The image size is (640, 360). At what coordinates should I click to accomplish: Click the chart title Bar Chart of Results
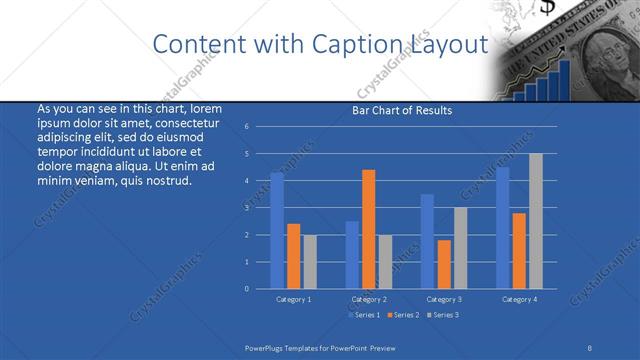[x=403, y=110]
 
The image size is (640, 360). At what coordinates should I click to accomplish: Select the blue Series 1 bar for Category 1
[x=277, y=230]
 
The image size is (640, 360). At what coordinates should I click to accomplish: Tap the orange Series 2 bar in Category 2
[x=368, y=229]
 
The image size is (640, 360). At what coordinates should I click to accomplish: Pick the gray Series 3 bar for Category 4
[x=535, y=221]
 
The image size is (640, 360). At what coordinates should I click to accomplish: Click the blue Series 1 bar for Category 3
[x=427, y=241]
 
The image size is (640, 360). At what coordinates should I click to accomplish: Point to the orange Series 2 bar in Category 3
[x=443, y=264]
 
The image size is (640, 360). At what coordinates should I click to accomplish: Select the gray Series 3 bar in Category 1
[x=309, y=261]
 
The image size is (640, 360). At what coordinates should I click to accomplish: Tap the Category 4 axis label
[x=519, y=299]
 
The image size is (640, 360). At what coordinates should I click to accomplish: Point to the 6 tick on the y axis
[x=247, y=127]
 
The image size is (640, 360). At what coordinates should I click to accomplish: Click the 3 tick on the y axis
[x=247, y=208]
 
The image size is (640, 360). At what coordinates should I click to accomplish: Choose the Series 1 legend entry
[x=363, y=315]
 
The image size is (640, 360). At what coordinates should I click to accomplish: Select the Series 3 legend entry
[x=443, y=315]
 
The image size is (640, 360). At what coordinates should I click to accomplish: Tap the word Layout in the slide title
[x=447, y=45]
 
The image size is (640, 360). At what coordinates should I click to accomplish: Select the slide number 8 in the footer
[x=591, y=347]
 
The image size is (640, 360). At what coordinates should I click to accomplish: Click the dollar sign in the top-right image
[x=548, y=8]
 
